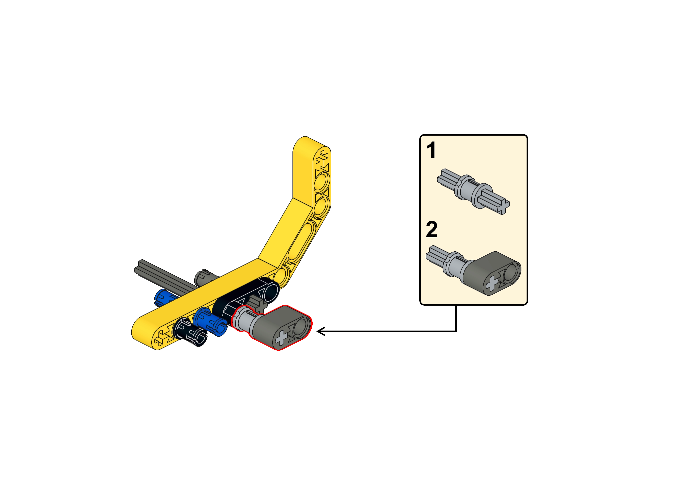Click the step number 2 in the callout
coord(432,230)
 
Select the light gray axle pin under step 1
coord(473,191)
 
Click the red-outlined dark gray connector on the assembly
coord(281,327)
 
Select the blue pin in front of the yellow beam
coord(210,322)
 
